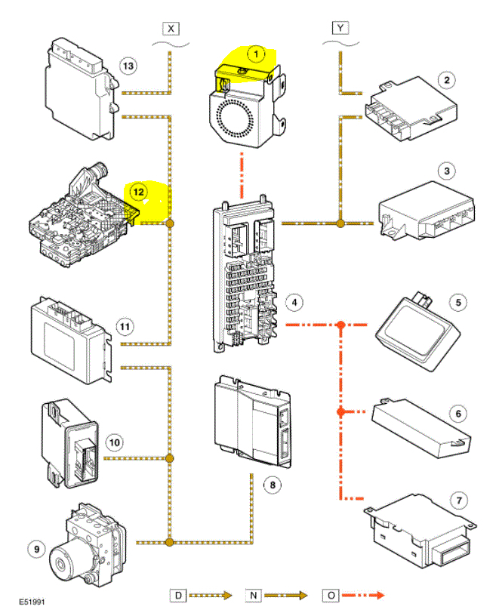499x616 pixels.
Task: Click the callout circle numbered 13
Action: [x=128, y=66]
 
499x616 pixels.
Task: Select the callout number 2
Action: [x=448, y=79]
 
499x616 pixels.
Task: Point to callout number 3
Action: [x=448, y=172]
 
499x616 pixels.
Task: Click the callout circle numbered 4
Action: [x=295, y=303]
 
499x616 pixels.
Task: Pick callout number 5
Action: [x=457, y=303]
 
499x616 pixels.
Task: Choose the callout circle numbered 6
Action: [x=457, y=413]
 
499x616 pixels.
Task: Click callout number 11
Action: [x=125, y=326]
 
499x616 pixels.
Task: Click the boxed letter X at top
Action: [x=171, y=29]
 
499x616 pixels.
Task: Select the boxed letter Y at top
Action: [x=340, y=29]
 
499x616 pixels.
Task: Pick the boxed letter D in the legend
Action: [x=177, y=596]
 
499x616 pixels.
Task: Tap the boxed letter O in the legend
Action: [x=330, y=596]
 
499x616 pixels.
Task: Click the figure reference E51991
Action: [x=35, y=603]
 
